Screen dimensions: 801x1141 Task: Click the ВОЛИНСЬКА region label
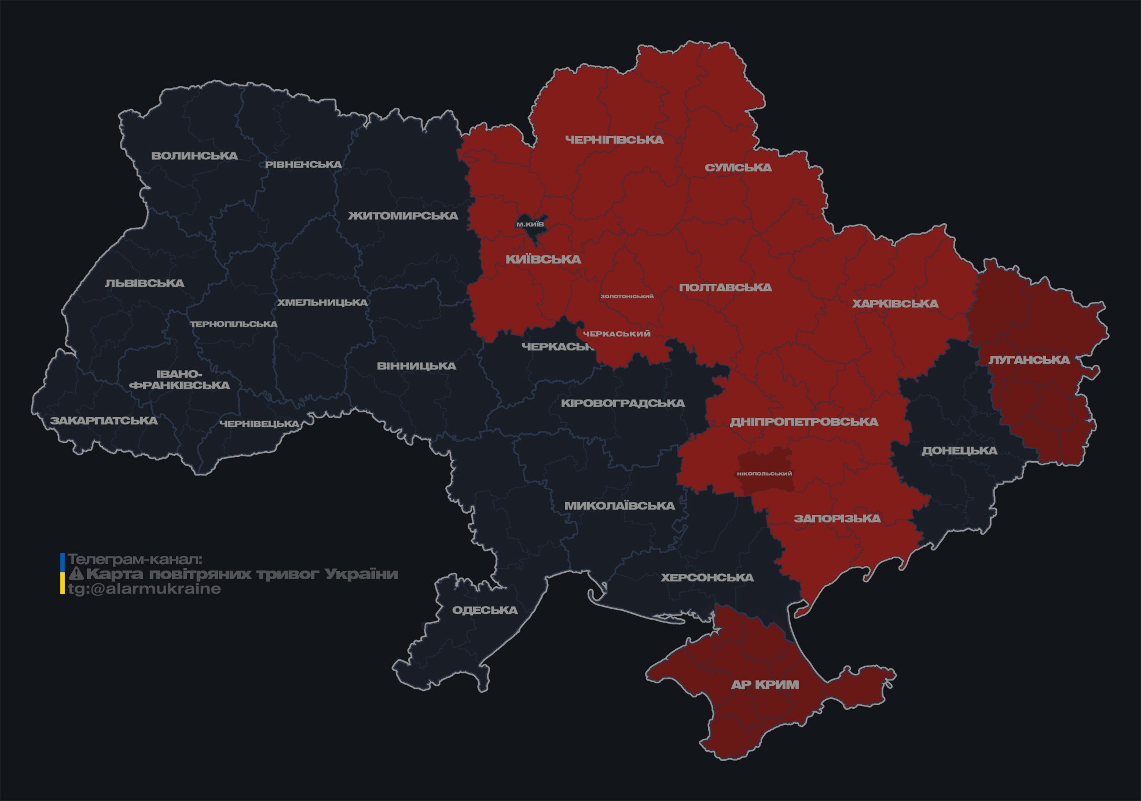[x=195, y=156]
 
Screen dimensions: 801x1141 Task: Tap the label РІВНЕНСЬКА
[x=303, y=164]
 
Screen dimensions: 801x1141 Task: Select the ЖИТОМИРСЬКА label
[x=403, y=216]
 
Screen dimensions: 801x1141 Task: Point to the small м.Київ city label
[x=530, y=224]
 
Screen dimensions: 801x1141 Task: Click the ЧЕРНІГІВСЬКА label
[x=614, y=140]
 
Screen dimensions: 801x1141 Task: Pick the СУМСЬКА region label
[x=738, y=168]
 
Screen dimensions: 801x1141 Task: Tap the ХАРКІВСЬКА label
[x=895, y=303]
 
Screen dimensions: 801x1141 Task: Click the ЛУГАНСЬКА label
[x=1029, y=360]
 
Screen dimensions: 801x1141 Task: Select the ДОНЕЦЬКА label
[x=959, y=451]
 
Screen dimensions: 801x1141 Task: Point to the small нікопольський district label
[x=764, y=473]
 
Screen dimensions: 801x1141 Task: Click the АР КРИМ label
[x=765, y=685]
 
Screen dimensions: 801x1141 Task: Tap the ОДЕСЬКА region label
[x=485, y=610]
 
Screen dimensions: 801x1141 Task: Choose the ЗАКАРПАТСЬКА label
[x=104, y=420]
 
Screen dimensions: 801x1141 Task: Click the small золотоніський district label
[x=627, y=296]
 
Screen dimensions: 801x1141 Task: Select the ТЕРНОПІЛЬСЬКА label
[x=234, y=324]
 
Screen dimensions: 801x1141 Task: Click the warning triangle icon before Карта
[x=76, y=574]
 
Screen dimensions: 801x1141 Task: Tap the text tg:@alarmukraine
[x=144, y=589]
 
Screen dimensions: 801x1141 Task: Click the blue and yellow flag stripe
[x=63, y=574]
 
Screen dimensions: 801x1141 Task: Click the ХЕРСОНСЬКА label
[x=707, y=577]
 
